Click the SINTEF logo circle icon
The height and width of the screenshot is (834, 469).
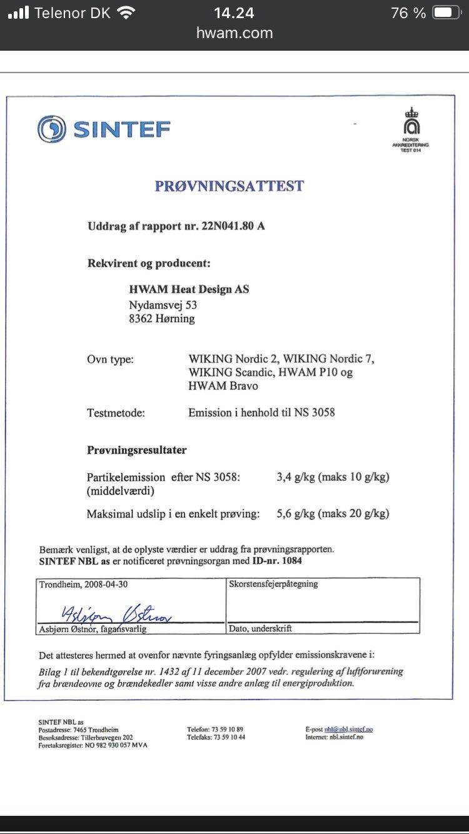point(51,130)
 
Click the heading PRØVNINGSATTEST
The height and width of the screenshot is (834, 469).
point(229,186)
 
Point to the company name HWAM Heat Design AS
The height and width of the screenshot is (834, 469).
point(189,289)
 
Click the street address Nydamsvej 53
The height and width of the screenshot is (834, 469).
point(163,305)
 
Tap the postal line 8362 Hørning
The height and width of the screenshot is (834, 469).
point(161,319)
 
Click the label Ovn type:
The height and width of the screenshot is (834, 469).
point(110,359)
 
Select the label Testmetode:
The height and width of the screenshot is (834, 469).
point(116,413)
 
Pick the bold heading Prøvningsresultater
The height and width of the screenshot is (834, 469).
point(137,450)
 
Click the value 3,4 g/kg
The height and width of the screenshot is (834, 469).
point(295,477)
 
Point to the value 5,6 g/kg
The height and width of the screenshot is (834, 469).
point(295,514)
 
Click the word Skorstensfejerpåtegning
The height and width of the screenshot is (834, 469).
point(274,584)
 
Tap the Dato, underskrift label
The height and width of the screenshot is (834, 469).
point(260,628)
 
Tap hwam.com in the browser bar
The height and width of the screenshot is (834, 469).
point(234,33)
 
